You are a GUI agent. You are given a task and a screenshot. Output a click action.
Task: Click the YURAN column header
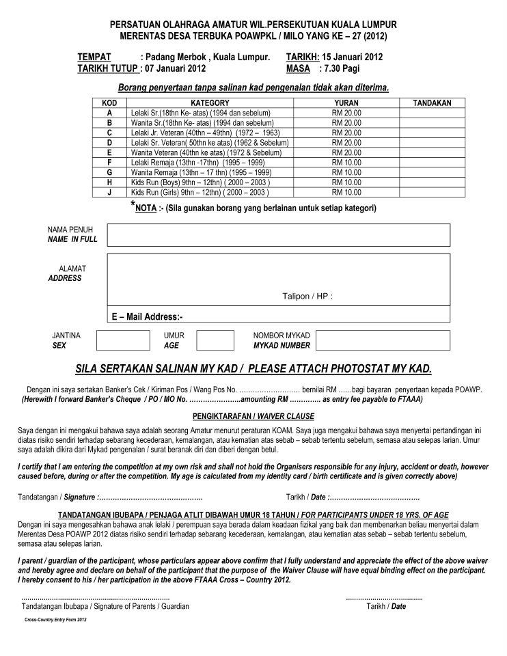tap(346, 102)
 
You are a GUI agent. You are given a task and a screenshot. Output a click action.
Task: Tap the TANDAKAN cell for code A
tap(433, 112)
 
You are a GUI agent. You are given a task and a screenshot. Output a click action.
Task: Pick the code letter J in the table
tap(109, 193)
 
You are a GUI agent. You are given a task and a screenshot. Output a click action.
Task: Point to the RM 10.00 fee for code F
tap(346, 163)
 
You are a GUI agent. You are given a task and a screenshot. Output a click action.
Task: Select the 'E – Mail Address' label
tap(147, 316)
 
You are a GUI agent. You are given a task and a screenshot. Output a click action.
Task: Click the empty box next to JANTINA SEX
tap(122, 340)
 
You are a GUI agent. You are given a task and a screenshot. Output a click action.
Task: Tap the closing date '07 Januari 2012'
tap(174, 68)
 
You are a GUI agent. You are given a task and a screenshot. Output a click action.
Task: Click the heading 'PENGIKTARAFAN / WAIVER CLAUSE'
tap(253, 415)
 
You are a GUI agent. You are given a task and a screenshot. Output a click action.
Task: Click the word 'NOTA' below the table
tap(146, 208)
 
